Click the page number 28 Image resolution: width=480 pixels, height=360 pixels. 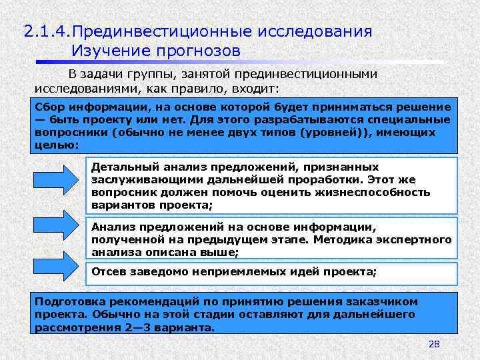coord(434,344)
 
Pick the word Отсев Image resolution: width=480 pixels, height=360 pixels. coord(108,272)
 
